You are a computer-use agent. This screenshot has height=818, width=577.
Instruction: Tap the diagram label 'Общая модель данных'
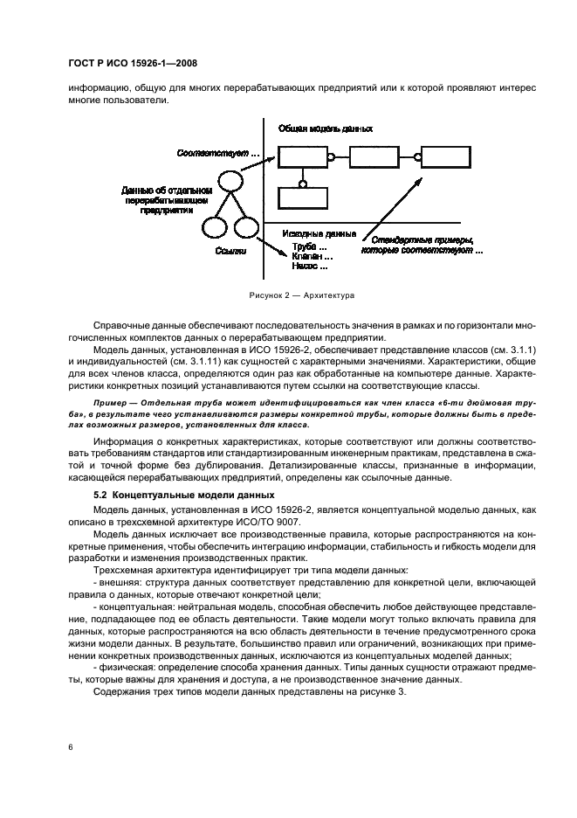coord(325,128)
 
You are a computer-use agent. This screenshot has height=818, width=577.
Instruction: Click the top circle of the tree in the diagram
coord(229,181)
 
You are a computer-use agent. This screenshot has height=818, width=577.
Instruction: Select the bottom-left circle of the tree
coord(214,229)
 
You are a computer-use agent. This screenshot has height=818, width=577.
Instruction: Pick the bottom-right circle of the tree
coord(247,229)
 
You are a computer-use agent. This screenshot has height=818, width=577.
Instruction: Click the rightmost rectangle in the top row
coord(445,158)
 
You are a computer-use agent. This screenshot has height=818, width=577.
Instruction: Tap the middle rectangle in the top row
coord(374,158)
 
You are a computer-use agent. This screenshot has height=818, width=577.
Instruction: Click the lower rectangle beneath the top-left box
coord(303,198)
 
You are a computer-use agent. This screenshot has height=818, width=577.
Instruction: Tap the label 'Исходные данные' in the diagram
coord(319,234)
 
